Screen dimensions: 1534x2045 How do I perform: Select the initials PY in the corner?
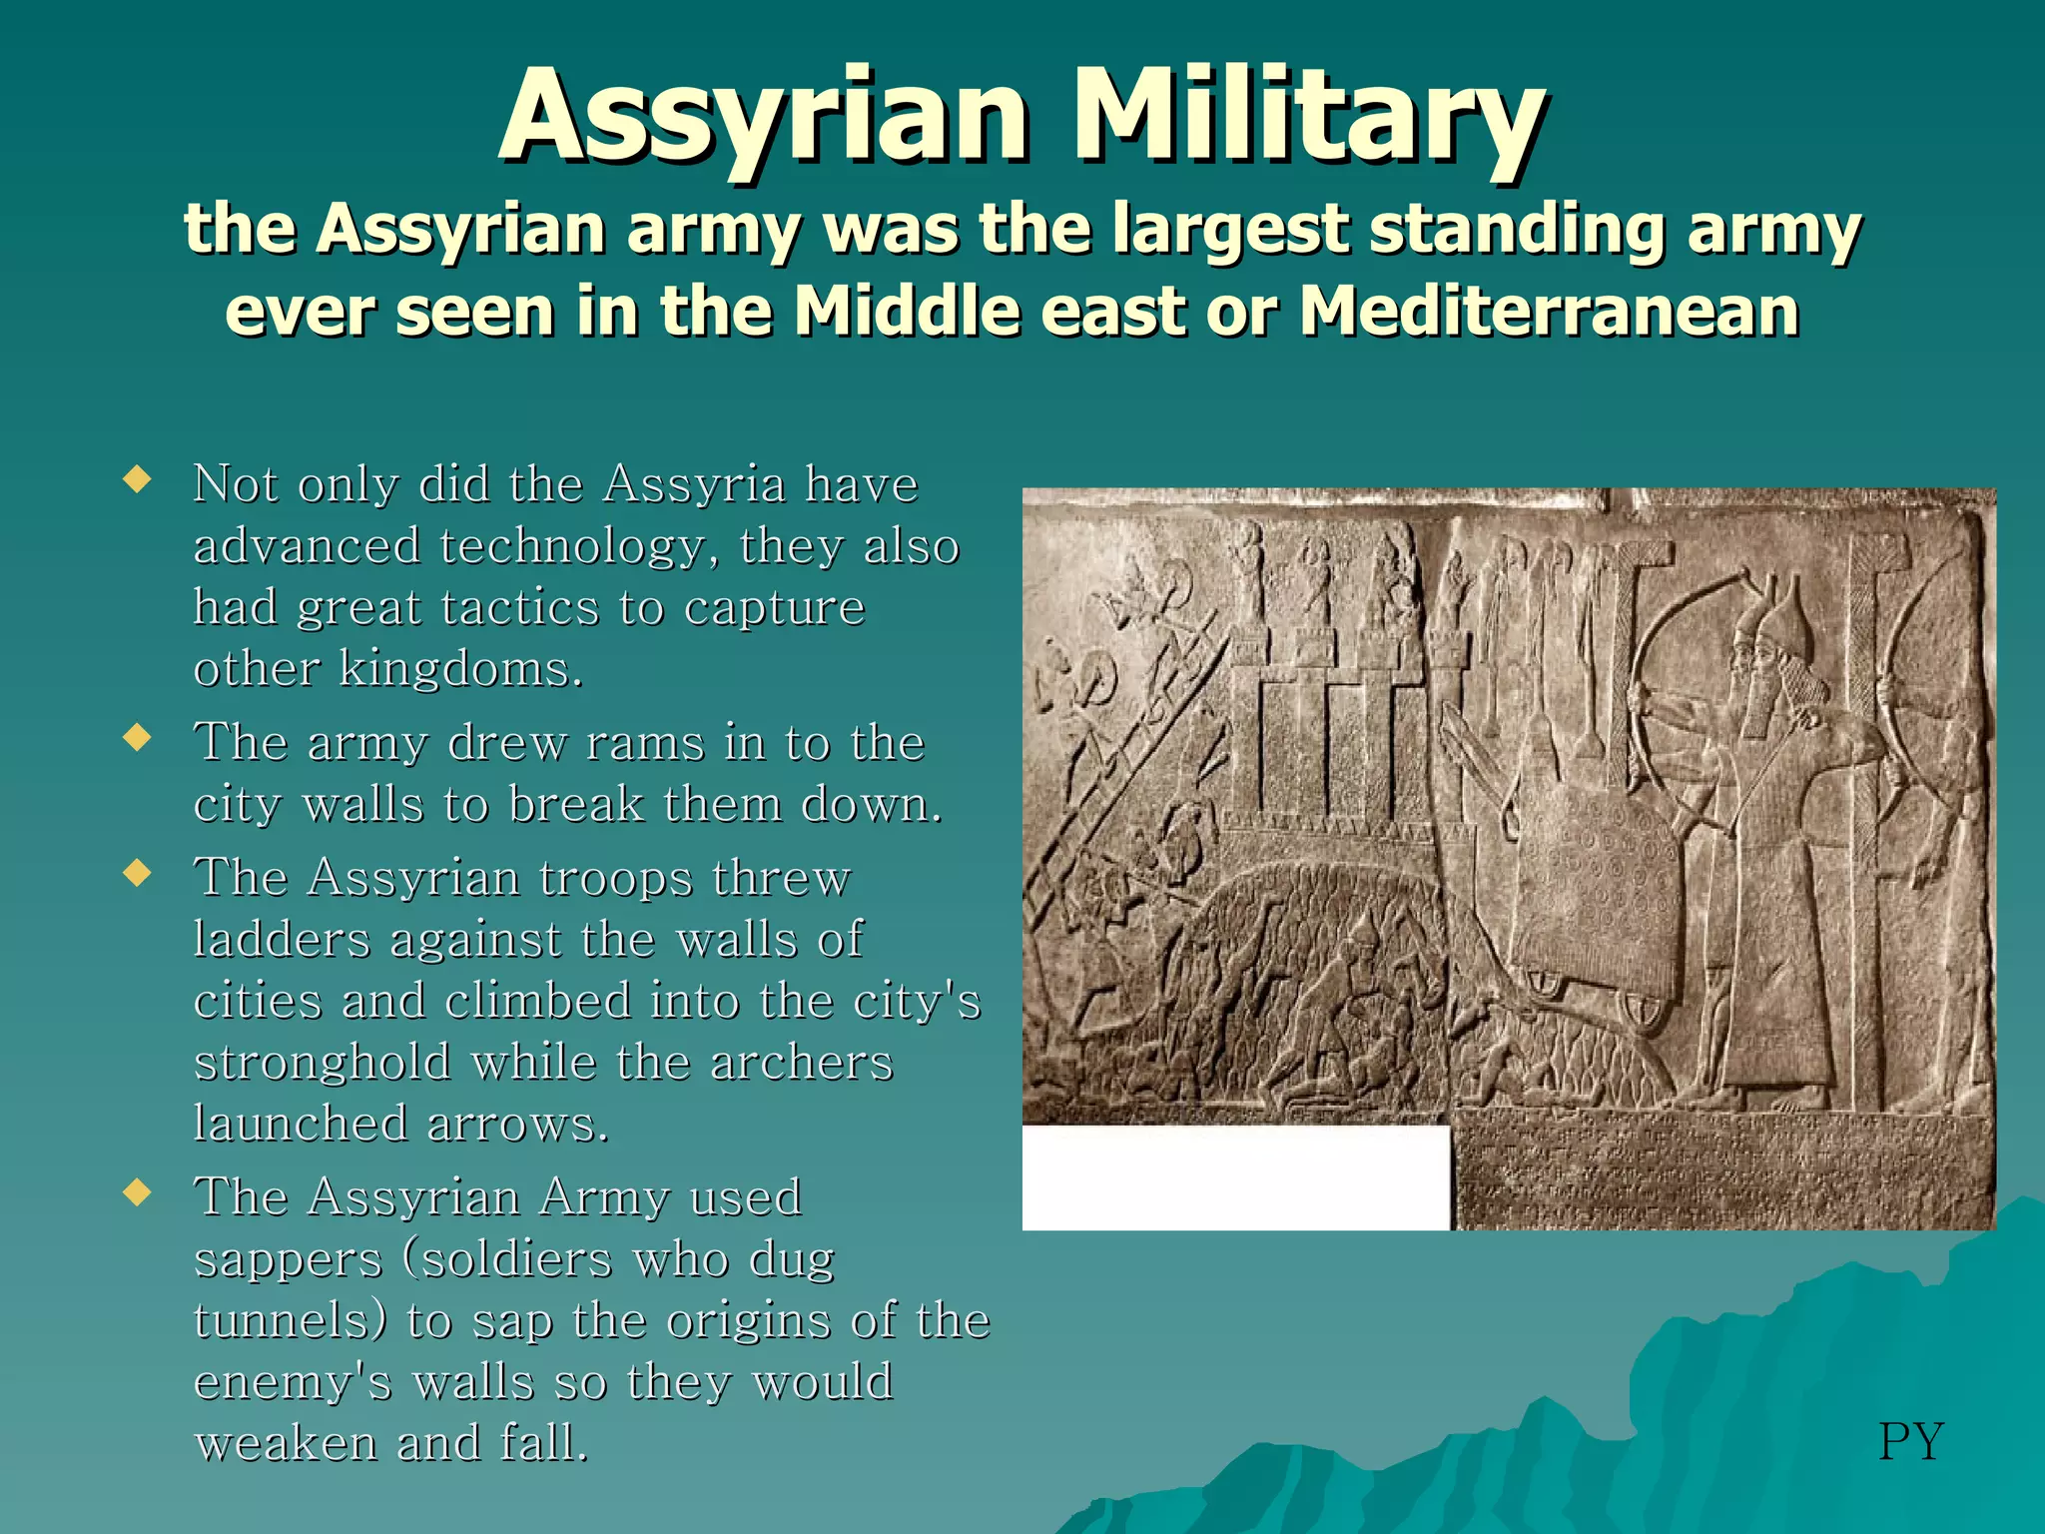click(1910, 1441)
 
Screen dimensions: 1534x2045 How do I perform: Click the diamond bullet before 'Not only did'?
click(137, 480)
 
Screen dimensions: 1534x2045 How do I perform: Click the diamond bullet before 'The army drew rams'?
click(137, 739)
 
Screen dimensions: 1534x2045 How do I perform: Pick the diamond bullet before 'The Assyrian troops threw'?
click(137, 874)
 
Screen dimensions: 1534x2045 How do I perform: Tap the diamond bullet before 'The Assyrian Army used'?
click(137, 1192)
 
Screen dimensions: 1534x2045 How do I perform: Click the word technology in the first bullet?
click(579, 547)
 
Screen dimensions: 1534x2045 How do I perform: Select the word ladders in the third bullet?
click(281, 940)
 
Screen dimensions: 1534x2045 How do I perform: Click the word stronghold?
click(322, 1063)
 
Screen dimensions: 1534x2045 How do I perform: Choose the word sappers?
click(288, 1260)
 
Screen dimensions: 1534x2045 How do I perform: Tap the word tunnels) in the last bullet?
click(291, 1321)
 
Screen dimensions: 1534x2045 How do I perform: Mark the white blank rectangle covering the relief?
click(1235, 1177)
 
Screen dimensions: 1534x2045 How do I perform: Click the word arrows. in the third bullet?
click(517, 1125)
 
